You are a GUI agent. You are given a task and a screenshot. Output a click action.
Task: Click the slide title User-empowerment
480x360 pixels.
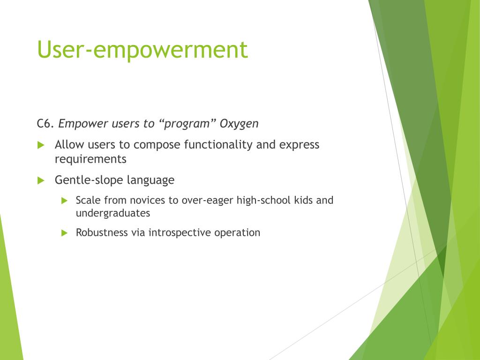point(142,50)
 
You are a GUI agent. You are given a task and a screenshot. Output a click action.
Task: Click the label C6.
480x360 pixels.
point(45,123)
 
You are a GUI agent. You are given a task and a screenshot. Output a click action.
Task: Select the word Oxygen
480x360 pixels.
point(239,124)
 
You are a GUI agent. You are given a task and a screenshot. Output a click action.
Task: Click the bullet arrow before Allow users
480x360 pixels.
point(41,145)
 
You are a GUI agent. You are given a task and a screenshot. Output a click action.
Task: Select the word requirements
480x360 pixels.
point(90,159)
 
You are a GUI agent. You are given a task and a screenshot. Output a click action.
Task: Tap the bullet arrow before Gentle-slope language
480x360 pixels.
point(41,180)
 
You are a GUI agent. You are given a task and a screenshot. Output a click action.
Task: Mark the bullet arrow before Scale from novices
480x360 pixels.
point(64,201)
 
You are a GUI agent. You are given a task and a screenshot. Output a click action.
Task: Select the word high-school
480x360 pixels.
point(263,201)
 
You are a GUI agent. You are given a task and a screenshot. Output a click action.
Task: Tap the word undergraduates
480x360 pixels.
point(113,213)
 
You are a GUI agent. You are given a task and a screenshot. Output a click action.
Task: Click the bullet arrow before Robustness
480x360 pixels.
point(64,233)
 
